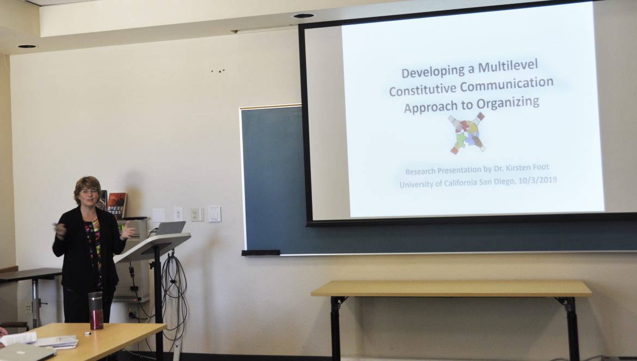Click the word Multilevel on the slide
pos(508,66)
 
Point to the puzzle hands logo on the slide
pos(467,133)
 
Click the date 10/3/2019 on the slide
pos(537,180)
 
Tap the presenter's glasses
pos(89,191)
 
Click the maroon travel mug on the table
pos(96,310)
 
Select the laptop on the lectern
pos(169,228)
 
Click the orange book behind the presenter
pos(117,205)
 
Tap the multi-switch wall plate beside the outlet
pos(215,214)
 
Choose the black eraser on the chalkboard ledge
pos(261,253)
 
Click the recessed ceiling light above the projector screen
pos(304,16)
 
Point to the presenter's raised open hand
pos(127,231)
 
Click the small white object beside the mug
pos(87,333)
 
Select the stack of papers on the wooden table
pos(56,341)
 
